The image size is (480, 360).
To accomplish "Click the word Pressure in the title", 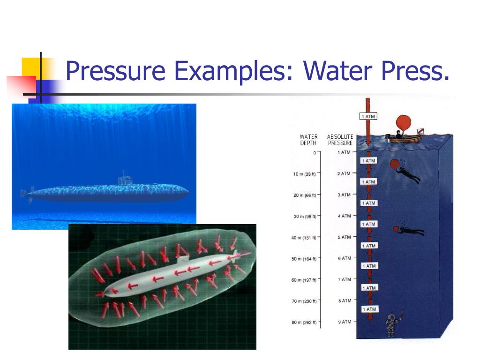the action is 115,71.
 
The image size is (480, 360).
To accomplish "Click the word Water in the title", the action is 337,70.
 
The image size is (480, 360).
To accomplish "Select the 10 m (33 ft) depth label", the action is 304,174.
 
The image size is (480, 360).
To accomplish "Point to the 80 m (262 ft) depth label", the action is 304,322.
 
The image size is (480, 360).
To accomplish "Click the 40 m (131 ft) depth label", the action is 304,238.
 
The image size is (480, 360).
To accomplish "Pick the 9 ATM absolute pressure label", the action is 345,322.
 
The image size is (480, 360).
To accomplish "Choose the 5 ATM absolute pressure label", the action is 345,237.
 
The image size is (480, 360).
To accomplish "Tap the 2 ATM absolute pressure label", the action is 344,173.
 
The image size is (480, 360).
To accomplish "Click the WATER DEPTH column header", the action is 308,140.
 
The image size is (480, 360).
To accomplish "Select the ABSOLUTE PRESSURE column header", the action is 340,140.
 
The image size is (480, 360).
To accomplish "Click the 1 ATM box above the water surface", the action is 368,116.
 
